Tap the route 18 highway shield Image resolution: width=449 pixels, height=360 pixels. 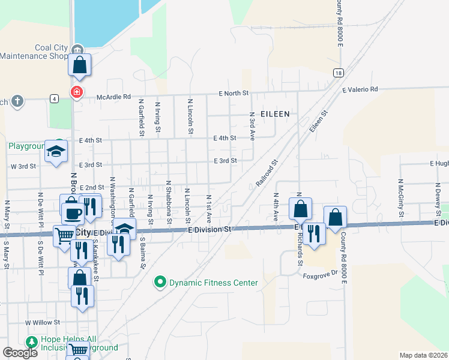339,72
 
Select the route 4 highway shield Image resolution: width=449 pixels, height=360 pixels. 54,98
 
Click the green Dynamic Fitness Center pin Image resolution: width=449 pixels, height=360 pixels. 160,281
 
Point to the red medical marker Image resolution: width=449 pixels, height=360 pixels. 76,93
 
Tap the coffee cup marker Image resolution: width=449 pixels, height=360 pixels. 73,213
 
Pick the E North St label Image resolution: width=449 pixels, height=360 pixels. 234,94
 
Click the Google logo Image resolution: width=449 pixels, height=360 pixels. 20,353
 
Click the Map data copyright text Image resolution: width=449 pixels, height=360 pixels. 424,355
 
